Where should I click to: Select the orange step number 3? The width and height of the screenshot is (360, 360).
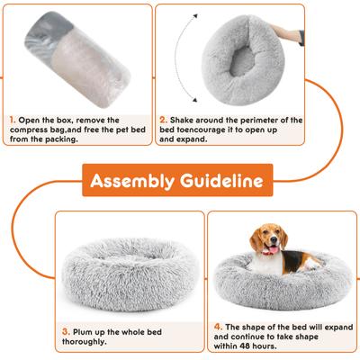pos(65,331)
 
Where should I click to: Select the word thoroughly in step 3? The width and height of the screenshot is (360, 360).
pos(90,343)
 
